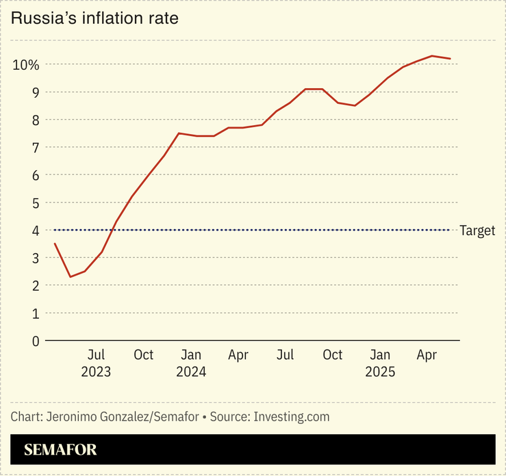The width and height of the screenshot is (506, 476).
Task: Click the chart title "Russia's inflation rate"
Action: (x=94, y=18)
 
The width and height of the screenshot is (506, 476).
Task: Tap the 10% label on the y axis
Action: (x=25, y=64)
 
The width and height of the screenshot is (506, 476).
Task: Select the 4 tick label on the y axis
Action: (x=36, y=230)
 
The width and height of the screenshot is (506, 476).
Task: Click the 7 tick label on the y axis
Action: (x=36, y=147)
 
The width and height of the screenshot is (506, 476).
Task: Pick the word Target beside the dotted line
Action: (x=477, y=230)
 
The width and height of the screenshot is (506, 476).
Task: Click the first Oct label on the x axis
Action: (x=143, y=355)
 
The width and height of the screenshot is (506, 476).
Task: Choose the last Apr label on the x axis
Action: (x=427, y=355)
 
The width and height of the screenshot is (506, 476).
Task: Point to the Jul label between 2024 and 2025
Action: (x=286, y=355)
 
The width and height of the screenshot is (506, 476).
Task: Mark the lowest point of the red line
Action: (x=70, y=276)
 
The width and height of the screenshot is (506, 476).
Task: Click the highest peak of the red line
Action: (x=431, y=56)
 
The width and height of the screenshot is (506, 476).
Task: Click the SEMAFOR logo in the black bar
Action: (x=60, y=449)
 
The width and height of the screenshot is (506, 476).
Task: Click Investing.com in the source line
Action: (x=292, y=416)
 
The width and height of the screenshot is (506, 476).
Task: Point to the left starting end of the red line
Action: (x=55, y=243)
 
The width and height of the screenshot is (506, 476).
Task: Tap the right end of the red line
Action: (x=450, y=59)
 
